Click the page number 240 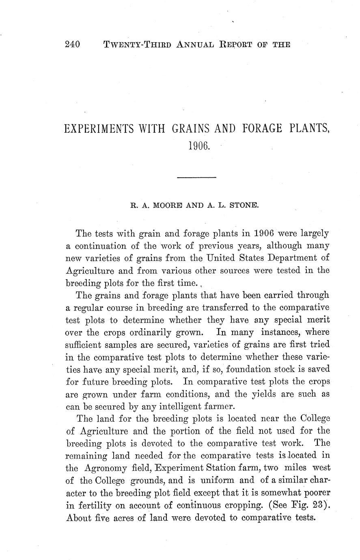click(73, 45)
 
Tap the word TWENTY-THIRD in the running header click(138, 45)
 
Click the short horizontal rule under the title click(197, 177)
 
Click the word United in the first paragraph click(224, 258)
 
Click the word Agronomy click(106, 467)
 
